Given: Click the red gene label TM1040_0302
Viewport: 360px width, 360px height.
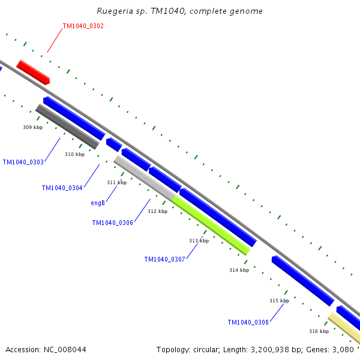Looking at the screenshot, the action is [x=83, y=26].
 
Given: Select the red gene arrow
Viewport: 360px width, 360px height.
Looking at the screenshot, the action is [x=33, y=72].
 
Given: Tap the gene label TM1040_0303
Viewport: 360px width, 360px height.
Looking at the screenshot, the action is [x=23, y=162].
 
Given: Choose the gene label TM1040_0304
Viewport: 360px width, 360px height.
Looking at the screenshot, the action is [x=62, y=188].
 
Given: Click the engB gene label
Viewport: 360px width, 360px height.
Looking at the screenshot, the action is [x=98, y=203].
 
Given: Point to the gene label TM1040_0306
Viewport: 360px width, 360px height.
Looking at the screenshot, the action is [x=112, y=223].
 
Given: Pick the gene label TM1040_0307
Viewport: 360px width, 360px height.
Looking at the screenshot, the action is [x=164, y=259].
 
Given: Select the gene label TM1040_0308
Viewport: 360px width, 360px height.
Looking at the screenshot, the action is [x=248, y=322].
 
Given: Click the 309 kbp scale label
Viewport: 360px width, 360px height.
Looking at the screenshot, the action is [x=32, y=127].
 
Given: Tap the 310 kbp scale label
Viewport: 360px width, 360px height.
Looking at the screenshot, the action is [x=74, y=154].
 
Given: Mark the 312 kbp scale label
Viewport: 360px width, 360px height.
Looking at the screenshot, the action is [x=157, y=211].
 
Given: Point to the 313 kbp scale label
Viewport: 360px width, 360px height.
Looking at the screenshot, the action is [x=199, y=241].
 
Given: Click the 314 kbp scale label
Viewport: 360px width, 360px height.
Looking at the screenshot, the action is [x=239, y=270].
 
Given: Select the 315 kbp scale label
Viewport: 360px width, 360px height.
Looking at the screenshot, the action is [x=279, y=301].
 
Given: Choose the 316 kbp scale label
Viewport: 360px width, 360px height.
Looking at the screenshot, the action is [x=319, y=331].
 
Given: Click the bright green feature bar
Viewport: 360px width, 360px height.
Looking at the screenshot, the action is [x=211, y=226].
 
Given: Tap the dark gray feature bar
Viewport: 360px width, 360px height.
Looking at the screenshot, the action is [x=67, y=127].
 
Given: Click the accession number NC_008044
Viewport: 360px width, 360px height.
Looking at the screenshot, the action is [x=64, y=349].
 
